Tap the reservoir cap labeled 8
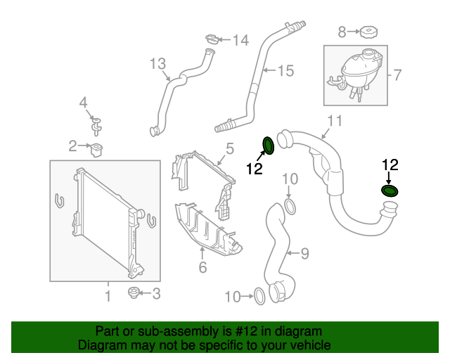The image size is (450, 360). (x=367, y=32)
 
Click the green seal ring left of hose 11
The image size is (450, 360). (x=269, y=146)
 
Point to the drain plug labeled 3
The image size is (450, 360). (x=133, y=292)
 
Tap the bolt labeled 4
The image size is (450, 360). (x=97, y=127)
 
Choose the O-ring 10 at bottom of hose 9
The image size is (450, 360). (x=259, y=297)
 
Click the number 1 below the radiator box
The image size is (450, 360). (x=108, y=297)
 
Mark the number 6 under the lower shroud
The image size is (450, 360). (x=202, y=267)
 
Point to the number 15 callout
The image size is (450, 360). (x=284, y=70)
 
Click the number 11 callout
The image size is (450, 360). (x=335, y=121)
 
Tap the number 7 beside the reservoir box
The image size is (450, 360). (x=397, y=75)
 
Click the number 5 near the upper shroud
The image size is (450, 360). (x=229, y=148)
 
